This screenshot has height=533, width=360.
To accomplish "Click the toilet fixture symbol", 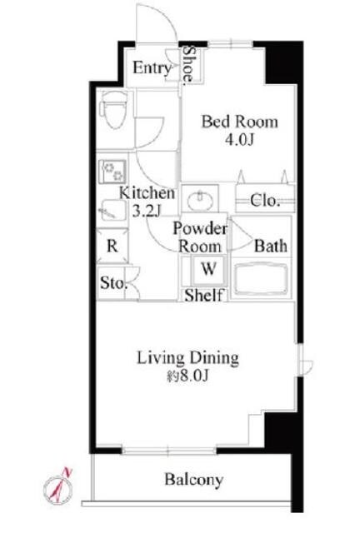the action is tap(112, 109).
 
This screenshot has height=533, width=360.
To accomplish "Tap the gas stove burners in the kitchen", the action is tap(112, 172).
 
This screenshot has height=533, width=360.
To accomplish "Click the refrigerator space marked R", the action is tap(112, 246).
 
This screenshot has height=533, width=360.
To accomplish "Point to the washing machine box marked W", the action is tap(208, 270).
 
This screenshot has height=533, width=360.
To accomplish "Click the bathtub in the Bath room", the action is tap(261, 279).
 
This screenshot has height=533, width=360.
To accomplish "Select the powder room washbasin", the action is tap(201, 201).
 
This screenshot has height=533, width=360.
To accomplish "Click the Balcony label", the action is tap(194, 480).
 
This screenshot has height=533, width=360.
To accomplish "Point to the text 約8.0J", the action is tap(187, 376).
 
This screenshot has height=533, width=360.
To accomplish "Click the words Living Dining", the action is tap(187, 358).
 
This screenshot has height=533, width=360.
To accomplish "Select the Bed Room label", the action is tap(240, 122).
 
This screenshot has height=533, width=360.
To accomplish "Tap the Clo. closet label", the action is tap(265, 201).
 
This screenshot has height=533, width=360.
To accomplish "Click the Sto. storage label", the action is tap(113, 283).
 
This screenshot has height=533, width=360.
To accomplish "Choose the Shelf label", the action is tap(204, 295).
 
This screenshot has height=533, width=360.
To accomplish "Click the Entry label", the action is tap(152, 68).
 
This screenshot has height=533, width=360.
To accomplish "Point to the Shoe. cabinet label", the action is tap(188, 65).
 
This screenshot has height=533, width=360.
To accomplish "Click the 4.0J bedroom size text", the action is tap(239, 139).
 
